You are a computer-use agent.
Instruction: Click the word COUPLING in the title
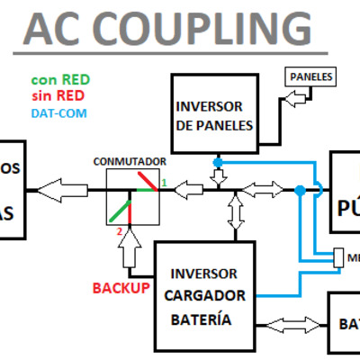pos(202,30)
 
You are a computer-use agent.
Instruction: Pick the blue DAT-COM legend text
pos(59,113)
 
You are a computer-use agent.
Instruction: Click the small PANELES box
pos(310,77)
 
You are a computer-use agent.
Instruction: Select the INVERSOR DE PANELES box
pos(214,115)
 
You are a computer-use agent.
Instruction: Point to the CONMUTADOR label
pos(130,162)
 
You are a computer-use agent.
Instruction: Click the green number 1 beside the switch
pos(165,184)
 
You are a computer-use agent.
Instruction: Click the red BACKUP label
pos(120,288)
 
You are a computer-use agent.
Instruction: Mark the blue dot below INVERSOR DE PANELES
pos(217,162)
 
